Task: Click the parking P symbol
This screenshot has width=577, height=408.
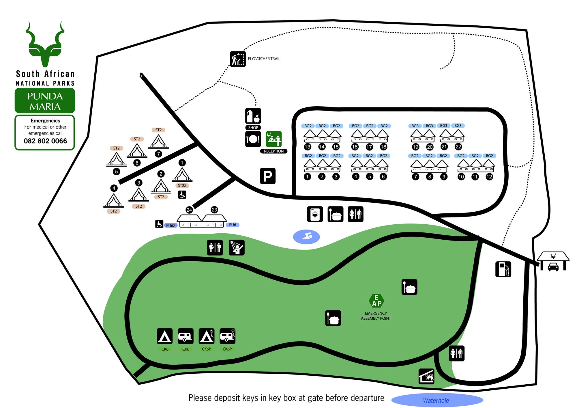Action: tap(267, 176)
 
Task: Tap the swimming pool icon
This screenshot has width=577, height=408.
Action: tap(306, 237)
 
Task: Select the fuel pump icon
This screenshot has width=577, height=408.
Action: tap(503, 269)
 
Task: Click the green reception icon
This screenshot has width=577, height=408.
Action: tap(273, 139)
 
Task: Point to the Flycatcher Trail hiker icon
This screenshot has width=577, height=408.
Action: tap(238, 59)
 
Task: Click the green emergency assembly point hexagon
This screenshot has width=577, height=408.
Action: tap(376, 301)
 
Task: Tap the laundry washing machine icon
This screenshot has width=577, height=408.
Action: tap(315, 214)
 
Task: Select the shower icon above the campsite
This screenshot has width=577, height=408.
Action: tap(237, 248)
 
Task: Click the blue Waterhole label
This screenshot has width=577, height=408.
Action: tap(436, 400)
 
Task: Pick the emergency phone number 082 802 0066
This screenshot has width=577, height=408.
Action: tap(45, 141)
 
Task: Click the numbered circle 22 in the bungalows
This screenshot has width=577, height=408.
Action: tap(458, 147)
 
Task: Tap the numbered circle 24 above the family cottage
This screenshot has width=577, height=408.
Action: tap(189, 210)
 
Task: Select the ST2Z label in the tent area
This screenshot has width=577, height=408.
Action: tap(182, 186)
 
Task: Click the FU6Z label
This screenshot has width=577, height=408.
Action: tap(171, 226)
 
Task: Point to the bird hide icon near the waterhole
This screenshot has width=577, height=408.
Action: tap(426, 377)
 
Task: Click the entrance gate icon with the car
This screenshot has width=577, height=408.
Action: tap(553, 261)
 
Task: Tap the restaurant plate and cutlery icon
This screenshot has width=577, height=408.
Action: tap(253, 139)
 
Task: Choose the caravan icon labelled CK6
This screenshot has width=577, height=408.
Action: tap(186, 336)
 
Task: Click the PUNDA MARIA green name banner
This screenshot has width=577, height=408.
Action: tap(45, 101)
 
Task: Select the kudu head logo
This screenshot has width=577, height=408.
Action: tap(45, 45)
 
